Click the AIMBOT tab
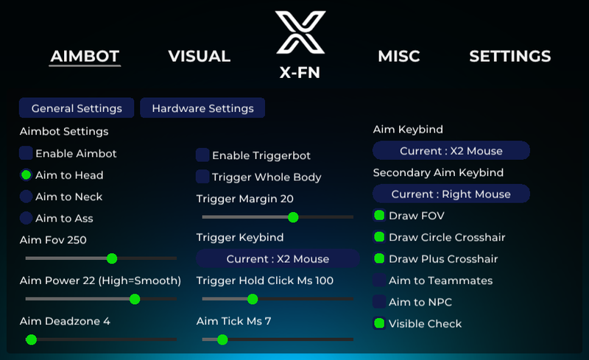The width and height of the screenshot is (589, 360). coord(85,57)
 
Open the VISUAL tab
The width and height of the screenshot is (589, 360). coord(199,57)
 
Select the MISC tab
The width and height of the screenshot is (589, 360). coord(399,57)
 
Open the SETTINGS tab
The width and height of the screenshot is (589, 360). coord(510,57)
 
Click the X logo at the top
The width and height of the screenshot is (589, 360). coord(300,32)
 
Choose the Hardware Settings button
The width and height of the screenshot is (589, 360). coord(202,107)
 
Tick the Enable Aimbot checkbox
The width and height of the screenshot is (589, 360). coord(26,153)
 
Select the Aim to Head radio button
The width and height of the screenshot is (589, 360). coord(26,175)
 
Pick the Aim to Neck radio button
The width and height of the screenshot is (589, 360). coord(26,197)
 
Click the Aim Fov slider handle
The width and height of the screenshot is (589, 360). coord(112,258)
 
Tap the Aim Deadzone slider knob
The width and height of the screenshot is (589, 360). coord(31,339)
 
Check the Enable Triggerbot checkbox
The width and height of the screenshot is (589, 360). coord(202,155)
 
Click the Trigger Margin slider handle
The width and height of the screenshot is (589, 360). coord(293,217)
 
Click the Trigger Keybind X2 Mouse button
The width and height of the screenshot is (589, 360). coord(278,258)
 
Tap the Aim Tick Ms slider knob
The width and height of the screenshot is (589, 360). coord(222,339)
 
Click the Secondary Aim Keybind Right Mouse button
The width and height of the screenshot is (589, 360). coord(451,194)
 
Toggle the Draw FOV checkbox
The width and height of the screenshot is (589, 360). coord(379,216)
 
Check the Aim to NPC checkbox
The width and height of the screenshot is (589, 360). coord(379,302)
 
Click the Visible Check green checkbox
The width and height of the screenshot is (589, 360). coord(379,323)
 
